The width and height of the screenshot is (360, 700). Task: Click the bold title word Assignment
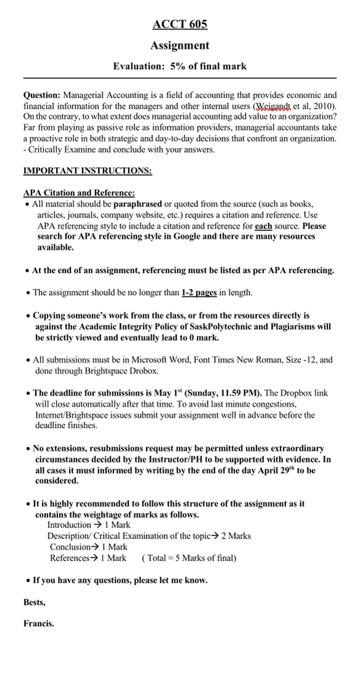(179, 45)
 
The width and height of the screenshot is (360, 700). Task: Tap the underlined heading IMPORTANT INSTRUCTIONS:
(87, 170)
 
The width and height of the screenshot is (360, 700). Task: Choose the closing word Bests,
(36, 601)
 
